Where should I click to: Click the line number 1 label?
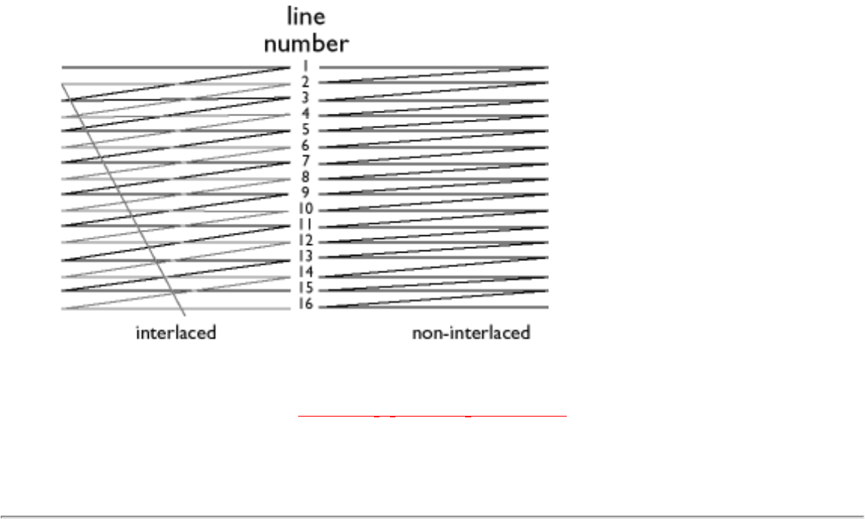[x=305, y=66]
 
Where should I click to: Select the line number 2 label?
[x=305, y=82]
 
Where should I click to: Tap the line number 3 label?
[x=305, y=98]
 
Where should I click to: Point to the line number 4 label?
[x=305, y=114]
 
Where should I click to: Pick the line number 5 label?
[x=305, y=130]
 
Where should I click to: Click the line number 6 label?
[x=305, y=146]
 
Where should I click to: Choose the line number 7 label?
[x=305, y=162]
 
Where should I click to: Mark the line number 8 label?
[x=305, y=178]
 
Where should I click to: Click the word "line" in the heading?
[x=306, y=17]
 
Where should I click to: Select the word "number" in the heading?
[x=306, y=43]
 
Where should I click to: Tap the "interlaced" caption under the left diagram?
[x=176, y=332]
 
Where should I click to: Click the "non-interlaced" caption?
[x=470, y=332]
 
